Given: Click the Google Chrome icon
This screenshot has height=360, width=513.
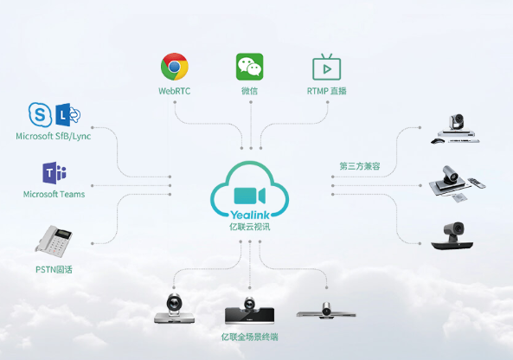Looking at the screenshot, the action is pos(175,67).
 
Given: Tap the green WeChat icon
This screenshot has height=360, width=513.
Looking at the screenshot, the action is pos(250,67).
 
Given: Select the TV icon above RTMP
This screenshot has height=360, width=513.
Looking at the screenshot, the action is pos(326,67).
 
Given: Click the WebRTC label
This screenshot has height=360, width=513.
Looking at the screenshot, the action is pos(175,91).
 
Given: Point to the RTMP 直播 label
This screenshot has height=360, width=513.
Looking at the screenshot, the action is pos(326,91).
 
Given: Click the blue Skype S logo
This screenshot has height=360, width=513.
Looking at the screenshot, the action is pos(40,114).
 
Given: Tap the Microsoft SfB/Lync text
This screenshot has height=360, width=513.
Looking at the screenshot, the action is pos(54,136).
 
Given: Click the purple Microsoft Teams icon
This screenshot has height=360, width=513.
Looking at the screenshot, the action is pos(55,172).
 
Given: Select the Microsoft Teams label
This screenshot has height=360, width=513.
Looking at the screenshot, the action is pos(54,195).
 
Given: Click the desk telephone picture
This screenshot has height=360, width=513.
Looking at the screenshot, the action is pos(54,241).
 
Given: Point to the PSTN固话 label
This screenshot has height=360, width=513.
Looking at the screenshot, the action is pos(54,270).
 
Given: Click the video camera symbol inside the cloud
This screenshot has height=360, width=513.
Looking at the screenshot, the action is pos(250,196).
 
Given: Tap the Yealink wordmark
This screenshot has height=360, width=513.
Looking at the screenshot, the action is pos(250,215).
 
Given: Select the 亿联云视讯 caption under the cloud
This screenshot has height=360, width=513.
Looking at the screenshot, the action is pos(250,227).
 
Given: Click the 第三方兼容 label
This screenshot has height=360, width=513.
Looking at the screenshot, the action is pos(360,166).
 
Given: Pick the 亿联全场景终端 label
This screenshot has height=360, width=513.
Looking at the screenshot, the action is pos(250,337).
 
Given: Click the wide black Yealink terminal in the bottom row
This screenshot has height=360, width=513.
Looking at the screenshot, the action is pos(249,312).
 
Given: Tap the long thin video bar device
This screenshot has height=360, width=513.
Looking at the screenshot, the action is pos(326,311).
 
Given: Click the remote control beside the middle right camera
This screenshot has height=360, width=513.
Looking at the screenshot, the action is pos(477,183).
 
